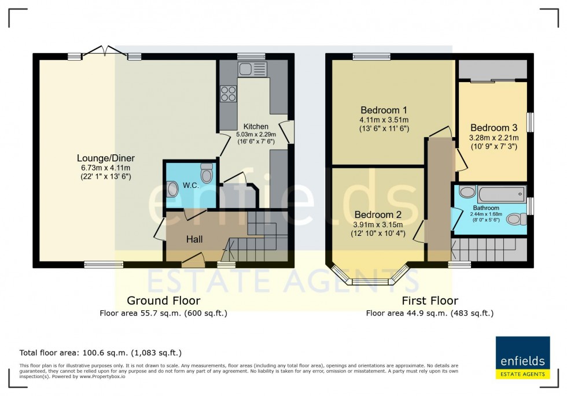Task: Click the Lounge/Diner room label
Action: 105,158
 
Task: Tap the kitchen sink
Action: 252,69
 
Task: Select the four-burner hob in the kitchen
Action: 228,94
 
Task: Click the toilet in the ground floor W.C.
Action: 207,173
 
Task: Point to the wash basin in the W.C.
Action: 172,189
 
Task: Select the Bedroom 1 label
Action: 384,110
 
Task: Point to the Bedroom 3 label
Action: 494,128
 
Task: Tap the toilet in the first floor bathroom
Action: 516,219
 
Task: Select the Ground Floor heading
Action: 164,301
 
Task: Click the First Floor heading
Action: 430,301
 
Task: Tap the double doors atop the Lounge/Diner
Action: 104,52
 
